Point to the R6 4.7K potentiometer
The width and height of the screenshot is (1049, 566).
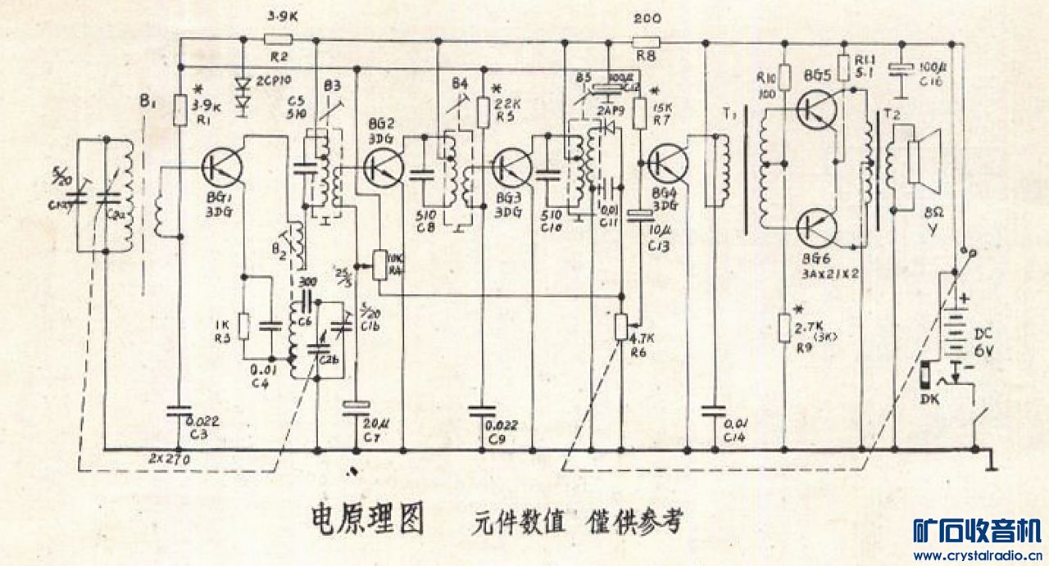[x=621, y=328]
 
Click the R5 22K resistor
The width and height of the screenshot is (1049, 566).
[x=484, y=108]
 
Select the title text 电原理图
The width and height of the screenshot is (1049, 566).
[x=367, y=519]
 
